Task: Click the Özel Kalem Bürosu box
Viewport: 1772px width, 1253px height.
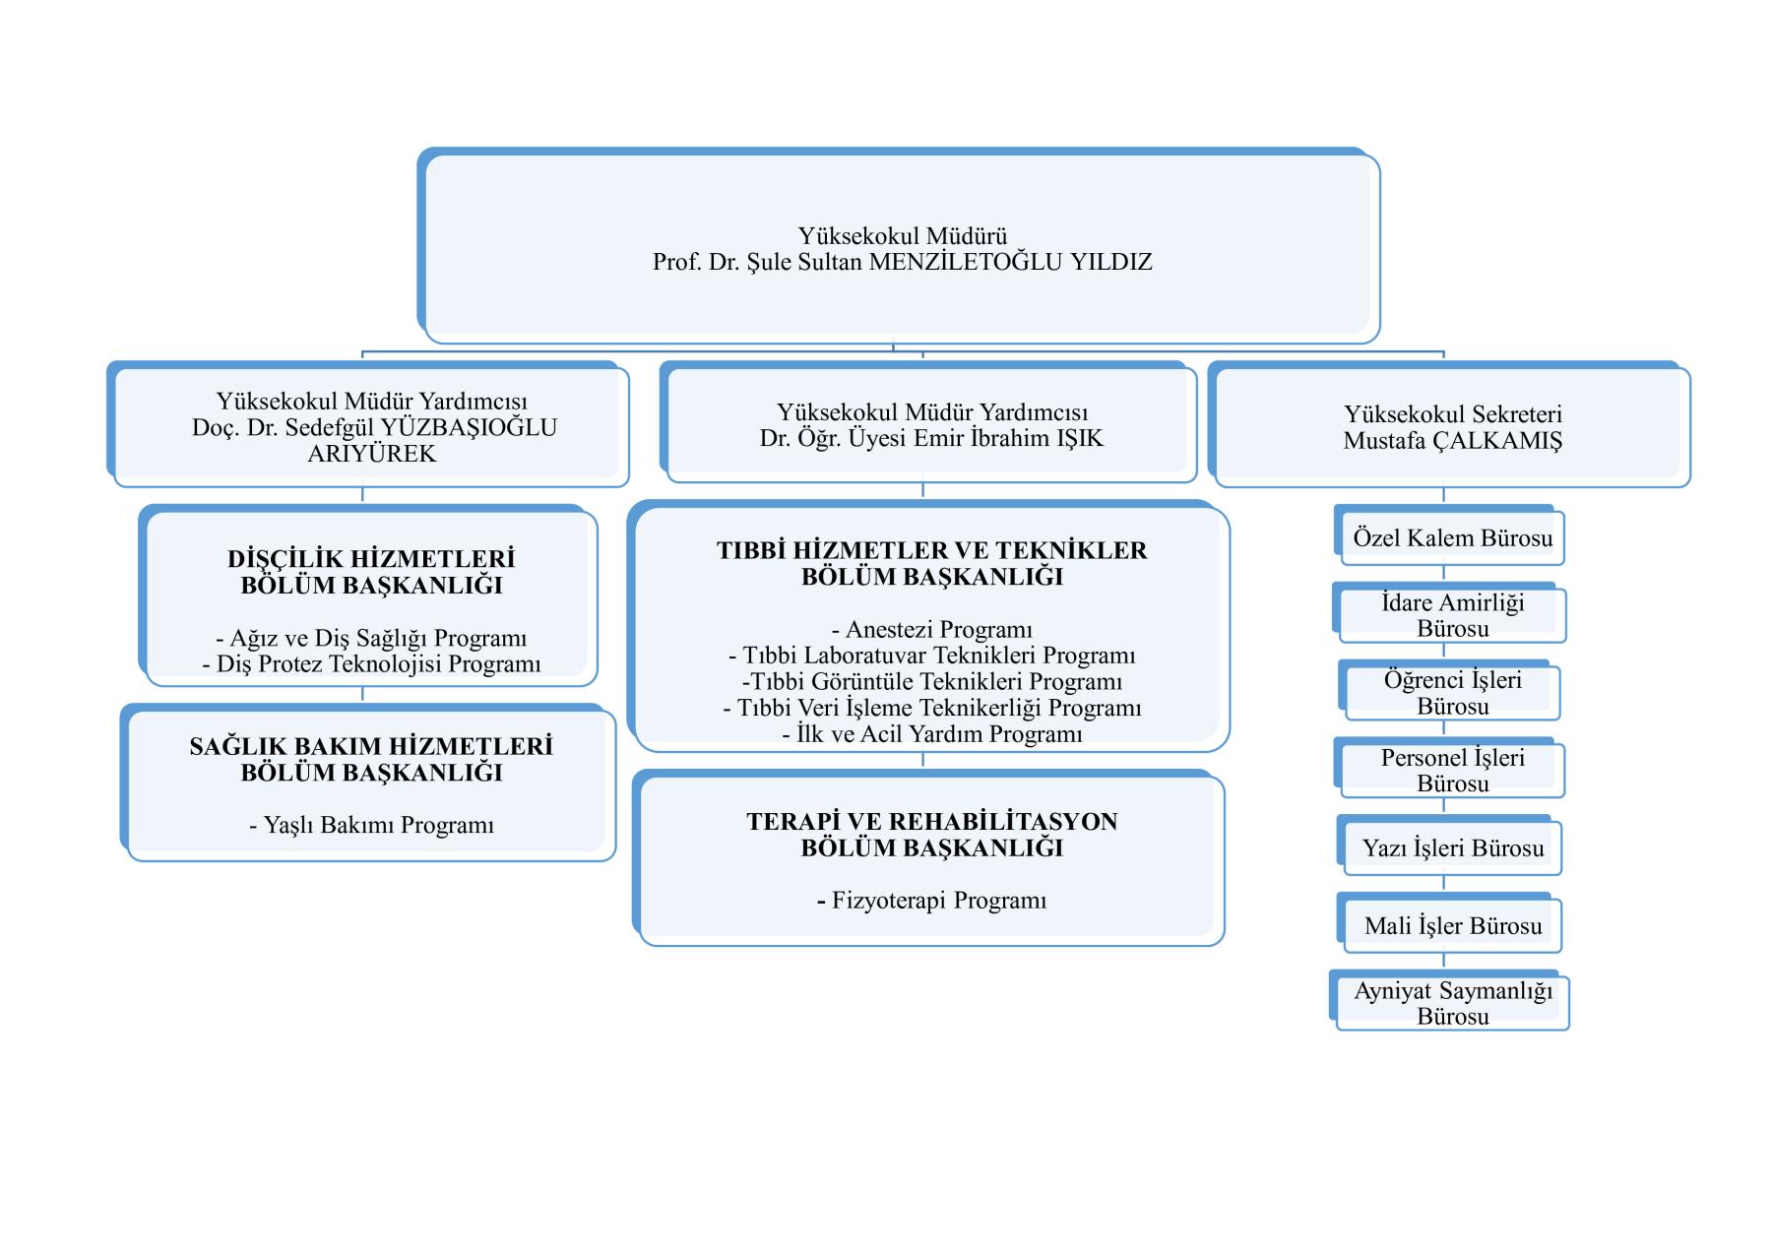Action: pos(1449,536)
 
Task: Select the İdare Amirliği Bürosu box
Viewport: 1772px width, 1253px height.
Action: pos(1449,613)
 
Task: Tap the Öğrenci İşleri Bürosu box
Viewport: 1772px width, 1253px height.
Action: pos(1449,691)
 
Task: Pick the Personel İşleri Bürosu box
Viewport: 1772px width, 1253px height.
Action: pos(1449,769)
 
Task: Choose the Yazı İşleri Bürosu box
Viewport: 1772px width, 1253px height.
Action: pos(1449,846)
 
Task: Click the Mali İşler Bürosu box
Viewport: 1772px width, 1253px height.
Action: pos(1449,924)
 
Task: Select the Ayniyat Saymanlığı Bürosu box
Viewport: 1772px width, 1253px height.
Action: pos(1449,1001)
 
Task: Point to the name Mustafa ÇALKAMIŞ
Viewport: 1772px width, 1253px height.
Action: pos(1452,441)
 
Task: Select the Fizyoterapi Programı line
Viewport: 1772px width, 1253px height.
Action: pos(931,901)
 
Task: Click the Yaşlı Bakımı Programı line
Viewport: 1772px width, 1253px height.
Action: pos(371,826)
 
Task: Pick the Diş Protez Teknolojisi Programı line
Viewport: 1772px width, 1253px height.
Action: pos(371,664)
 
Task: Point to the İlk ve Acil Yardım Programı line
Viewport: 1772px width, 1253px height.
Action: pos(931,734)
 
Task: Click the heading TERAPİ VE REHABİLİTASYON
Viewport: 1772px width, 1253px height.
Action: pos(931,822)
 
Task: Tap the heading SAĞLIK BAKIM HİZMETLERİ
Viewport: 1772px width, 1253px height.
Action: pos(371,746)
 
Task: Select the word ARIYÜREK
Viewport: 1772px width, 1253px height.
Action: pos(371,454)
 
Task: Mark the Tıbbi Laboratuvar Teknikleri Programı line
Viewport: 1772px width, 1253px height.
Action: pos(931,656)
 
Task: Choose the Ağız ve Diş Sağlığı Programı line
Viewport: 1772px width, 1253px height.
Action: pos(371,639)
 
